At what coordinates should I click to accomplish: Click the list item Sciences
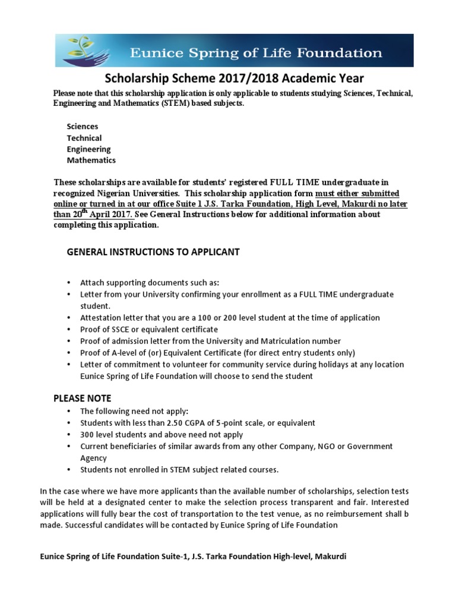click(83, 127)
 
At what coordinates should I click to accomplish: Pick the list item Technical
click(84, 138)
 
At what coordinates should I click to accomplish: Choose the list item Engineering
click(88, 149)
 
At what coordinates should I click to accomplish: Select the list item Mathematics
click(91, 161)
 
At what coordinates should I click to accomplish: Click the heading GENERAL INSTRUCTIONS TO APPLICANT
click(153, 252)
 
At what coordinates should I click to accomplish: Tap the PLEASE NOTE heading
click(83, 398)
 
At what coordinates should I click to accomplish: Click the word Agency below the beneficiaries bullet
click(94, 458)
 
